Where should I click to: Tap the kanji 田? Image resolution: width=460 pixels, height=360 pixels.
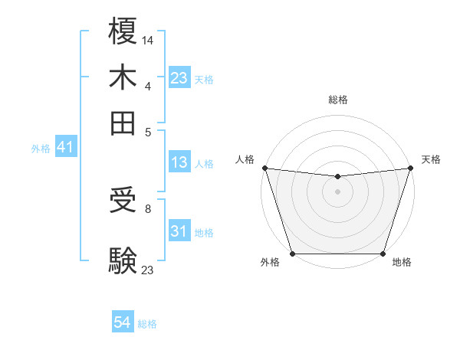(123, 123)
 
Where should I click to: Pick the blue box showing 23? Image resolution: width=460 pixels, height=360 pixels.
(179, 78)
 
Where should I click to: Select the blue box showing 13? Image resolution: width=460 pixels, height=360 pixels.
(179, 162)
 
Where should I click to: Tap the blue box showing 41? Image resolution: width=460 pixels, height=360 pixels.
(65, 148)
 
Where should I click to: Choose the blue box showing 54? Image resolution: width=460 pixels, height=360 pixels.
(123, 323)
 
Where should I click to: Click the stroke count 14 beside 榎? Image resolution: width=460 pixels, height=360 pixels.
(148, 40)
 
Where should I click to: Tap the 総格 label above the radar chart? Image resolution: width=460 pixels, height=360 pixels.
(337, 100)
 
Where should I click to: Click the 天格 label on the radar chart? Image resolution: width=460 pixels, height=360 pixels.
(431, 159)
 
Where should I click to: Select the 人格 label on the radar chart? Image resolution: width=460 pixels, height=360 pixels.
(245, 159)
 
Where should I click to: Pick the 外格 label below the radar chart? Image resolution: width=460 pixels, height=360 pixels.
(270, 263)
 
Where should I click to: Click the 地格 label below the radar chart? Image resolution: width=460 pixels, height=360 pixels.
(402, 263)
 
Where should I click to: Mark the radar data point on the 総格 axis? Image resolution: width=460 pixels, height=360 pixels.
(337, 177)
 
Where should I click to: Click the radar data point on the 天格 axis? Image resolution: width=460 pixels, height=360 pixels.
(410, 168)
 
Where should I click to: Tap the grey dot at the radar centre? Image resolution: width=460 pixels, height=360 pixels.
(337, 191)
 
